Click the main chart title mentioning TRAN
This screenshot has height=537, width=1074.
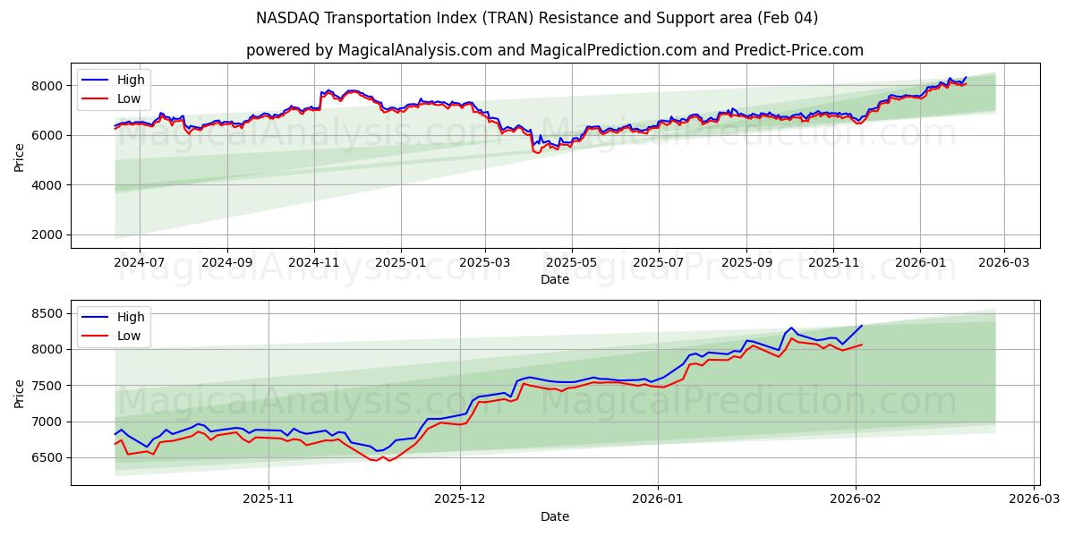click(x=537, y=18)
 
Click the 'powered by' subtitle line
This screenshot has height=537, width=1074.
click(x=555, y=50)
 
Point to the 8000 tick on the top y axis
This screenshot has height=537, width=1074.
click(x=47, y=86)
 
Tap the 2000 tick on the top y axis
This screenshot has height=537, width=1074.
click(x=47, y=234)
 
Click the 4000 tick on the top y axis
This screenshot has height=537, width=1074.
click(x=47, y=185)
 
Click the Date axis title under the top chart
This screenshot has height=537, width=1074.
click(x=555, y=279)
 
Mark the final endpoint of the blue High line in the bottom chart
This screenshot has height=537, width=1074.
click(x=862, y=326)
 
